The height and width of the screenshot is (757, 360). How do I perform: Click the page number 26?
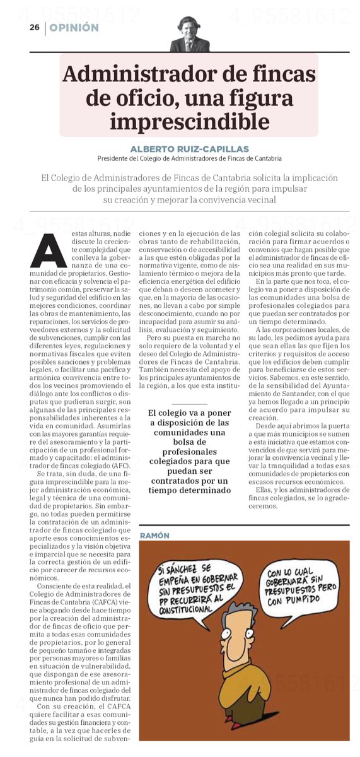[x=34, y=28]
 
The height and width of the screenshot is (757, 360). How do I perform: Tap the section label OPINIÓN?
[x=74, y=28]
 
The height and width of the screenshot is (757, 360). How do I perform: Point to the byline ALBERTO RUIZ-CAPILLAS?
[x=189, y=148]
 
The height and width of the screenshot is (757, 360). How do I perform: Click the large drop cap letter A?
[x=49, y=251]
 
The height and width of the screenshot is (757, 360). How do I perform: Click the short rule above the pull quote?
[x=189, y=404]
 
